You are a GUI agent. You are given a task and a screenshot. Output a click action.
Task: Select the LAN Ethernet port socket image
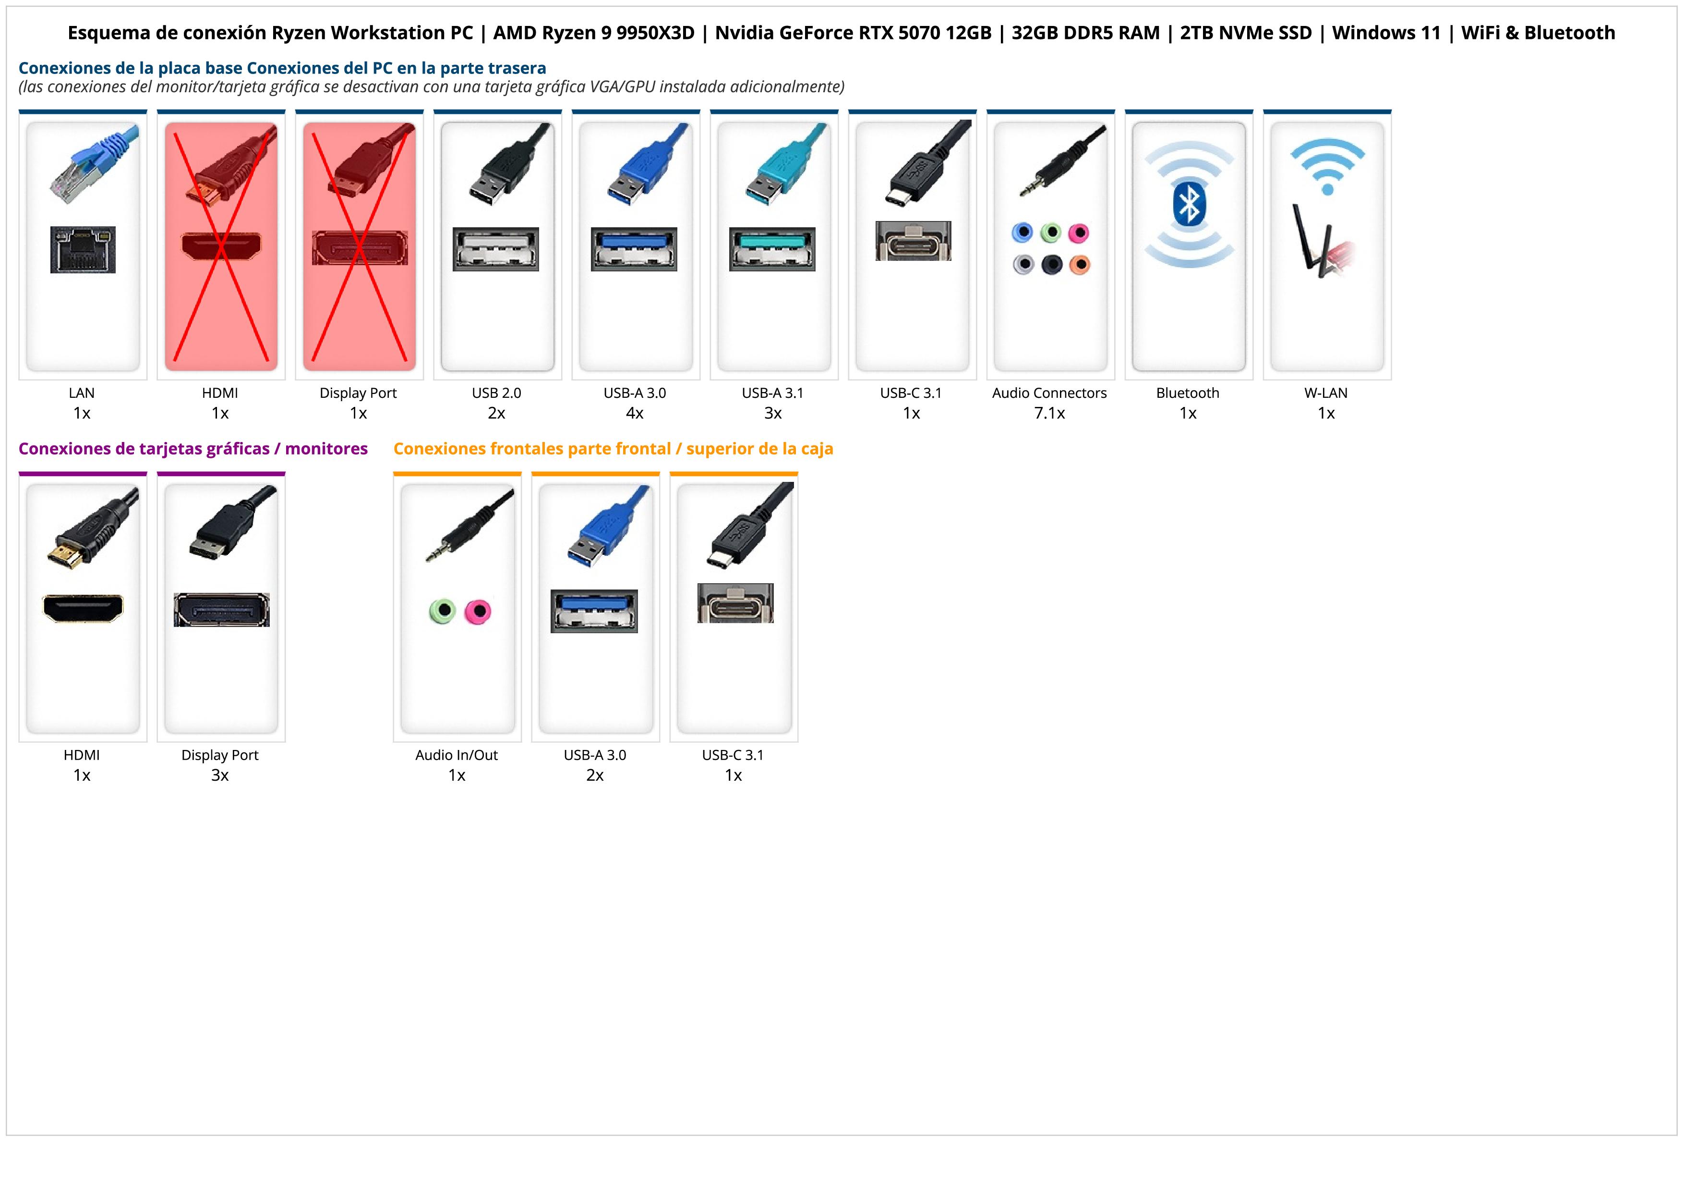click(x=83, y=249)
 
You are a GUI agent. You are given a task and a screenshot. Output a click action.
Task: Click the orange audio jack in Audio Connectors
click(x=1080, y=264)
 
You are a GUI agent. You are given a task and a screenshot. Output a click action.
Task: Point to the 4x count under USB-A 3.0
click(x=635, y=413)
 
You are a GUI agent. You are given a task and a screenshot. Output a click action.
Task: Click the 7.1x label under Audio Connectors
click(x=1049, y=413)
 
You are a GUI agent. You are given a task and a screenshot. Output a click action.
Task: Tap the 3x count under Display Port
click(x=220, y=775)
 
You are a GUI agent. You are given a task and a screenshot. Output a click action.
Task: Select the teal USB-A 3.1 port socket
click(x=772, y=249)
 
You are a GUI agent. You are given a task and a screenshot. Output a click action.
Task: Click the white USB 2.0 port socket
click(x=496, y=249)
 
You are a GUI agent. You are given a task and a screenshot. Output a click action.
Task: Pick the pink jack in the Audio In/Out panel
click(x=478, y=611)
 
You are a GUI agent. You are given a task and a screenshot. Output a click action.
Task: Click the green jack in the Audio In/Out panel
click(x=442, y=611)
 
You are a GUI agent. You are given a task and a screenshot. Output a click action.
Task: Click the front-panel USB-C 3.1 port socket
click(x=735, y=603)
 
